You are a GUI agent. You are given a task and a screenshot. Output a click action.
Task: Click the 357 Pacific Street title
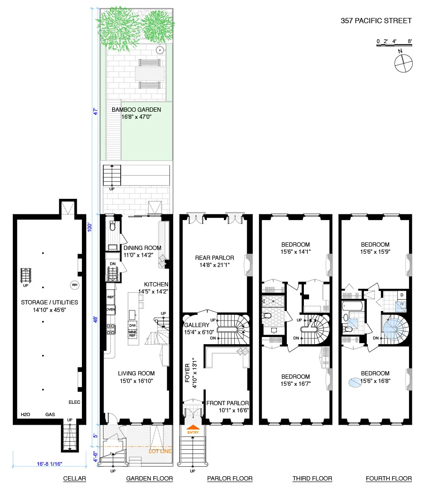coord(376,21)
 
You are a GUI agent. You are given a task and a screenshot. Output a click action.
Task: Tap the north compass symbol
coord(403,63)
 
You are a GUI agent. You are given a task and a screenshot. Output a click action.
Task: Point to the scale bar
coord(394,45)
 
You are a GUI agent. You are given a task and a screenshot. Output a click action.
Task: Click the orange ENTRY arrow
coord(193,427)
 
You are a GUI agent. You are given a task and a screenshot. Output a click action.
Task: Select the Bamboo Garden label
coord(136,113)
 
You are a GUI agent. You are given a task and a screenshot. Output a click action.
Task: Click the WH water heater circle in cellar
coord(74,285)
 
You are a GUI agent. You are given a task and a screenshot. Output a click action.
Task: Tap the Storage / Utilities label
coord(49,306)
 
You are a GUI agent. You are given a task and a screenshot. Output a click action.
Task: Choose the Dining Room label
coord(142,251)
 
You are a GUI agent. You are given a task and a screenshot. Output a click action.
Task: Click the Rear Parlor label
coord(214,261)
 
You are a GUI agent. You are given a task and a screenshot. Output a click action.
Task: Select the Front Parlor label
coord(228,407)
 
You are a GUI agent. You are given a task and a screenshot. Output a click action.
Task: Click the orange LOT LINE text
coord(160,451)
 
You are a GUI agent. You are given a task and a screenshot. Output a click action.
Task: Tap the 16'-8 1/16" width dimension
coord(50,464)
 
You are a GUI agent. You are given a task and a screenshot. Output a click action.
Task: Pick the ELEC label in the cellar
coord(74,402)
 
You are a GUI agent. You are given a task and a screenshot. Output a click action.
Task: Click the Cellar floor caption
coord(74,479)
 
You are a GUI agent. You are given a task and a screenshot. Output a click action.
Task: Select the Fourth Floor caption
coord(389,479)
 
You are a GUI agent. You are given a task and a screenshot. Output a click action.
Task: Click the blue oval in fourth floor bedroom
coord(355,382)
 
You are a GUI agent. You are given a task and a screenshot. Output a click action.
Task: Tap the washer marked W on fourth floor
coord(401,306)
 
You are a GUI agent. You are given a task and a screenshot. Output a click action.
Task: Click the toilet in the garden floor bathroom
coord(113,226)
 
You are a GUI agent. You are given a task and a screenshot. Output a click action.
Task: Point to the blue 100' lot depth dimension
coord(89,227)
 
